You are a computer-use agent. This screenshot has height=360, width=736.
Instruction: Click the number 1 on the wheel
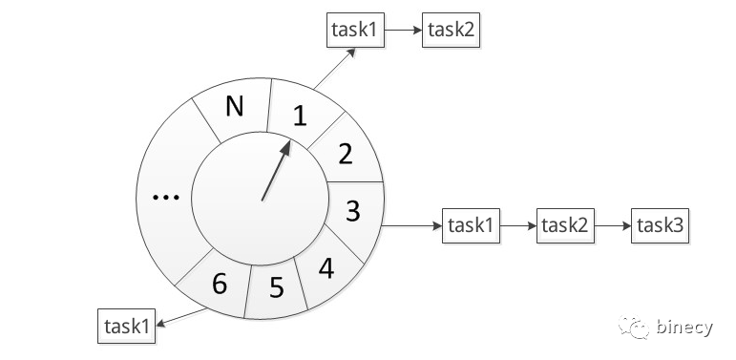point(300,116)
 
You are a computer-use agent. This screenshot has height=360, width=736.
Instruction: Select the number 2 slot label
point(346,154)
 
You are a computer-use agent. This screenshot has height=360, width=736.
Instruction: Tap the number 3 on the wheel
point(353,211)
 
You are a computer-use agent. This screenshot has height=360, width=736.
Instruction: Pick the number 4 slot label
point(326,268)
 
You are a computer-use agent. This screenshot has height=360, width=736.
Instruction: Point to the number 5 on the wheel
point(277,287)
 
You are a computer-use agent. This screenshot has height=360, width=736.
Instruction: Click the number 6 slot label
point(220,283)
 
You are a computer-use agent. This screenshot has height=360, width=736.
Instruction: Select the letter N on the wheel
point(235,107)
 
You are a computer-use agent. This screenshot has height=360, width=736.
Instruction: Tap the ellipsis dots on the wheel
point(166,198)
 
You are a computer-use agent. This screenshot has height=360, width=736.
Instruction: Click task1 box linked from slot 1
point(355,30)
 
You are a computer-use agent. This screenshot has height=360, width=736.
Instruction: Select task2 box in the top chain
point(452,30)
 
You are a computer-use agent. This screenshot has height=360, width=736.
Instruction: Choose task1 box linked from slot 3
point(471,225)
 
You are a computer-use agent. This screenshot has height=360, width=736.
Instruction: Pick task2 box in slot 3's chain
point(566,225)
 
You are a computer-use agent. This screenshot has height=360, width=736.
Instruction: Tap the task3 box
point(660,225)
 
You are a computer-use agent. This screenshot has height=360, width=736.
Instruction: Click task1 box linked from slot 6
point(126,326)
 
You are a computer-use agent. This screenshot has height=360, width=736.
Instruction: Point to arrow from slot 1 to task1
point(334,68)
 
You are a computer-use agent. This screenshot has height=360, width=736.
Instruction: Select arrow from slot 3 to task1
point(411,226)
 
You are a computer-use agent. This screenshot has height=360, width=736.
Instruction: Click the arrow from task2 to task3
point(613,225)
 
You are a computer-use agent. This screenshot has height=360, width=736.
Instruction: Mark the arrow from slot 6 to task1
point(181,317)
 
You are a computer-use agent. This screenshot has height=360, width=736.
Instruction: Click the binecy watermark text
point(684,328)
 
